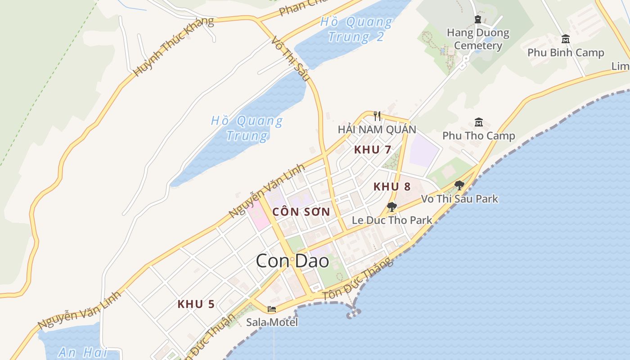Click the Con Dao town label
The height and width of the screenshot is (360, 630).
tap(292, 261)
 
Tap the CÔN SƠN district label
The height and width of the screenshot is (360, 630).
tap(301, 212)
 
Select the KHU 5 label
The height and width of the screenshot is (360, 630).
tap(196, 304)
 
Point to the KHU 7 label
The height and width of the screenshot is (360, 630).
tap(373, 150)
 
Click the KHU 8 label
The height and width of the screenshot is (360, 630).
tap(392, 187)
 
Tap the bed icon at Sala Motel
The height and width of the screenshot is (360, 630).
tap(272, 309)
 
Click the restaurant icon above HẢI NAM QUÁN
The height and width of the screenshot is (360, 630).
tap(377, 116)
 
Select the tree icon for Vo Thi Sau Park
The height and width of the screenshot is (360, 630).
tap(459, 185)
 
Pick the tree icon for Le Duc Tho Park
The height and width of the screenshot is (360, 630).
tap(392, 207)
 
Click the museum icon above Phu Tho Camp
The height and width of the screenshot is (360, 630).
tap(478, 122)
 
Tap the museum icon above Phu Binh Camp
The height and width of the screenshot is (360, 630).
tap(566, 39)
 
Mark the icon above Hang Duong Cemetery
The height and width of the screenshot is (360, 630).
tap(478, 19)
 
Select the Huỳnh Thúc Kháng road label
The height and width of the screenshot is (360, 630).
tap(174, 46)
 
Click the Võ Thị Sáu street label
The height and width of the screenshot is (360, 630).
tap(290, 59)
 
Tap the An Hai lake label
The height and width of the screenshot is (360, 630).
tap(83, 352)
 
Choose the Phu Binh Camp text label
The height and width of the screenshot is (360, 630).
tap(566, 53)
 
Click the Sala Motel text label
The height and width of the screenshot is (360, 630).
tap(272, 322)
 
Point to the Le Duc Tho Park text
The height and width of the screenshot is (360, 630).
tap(392, 220)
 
